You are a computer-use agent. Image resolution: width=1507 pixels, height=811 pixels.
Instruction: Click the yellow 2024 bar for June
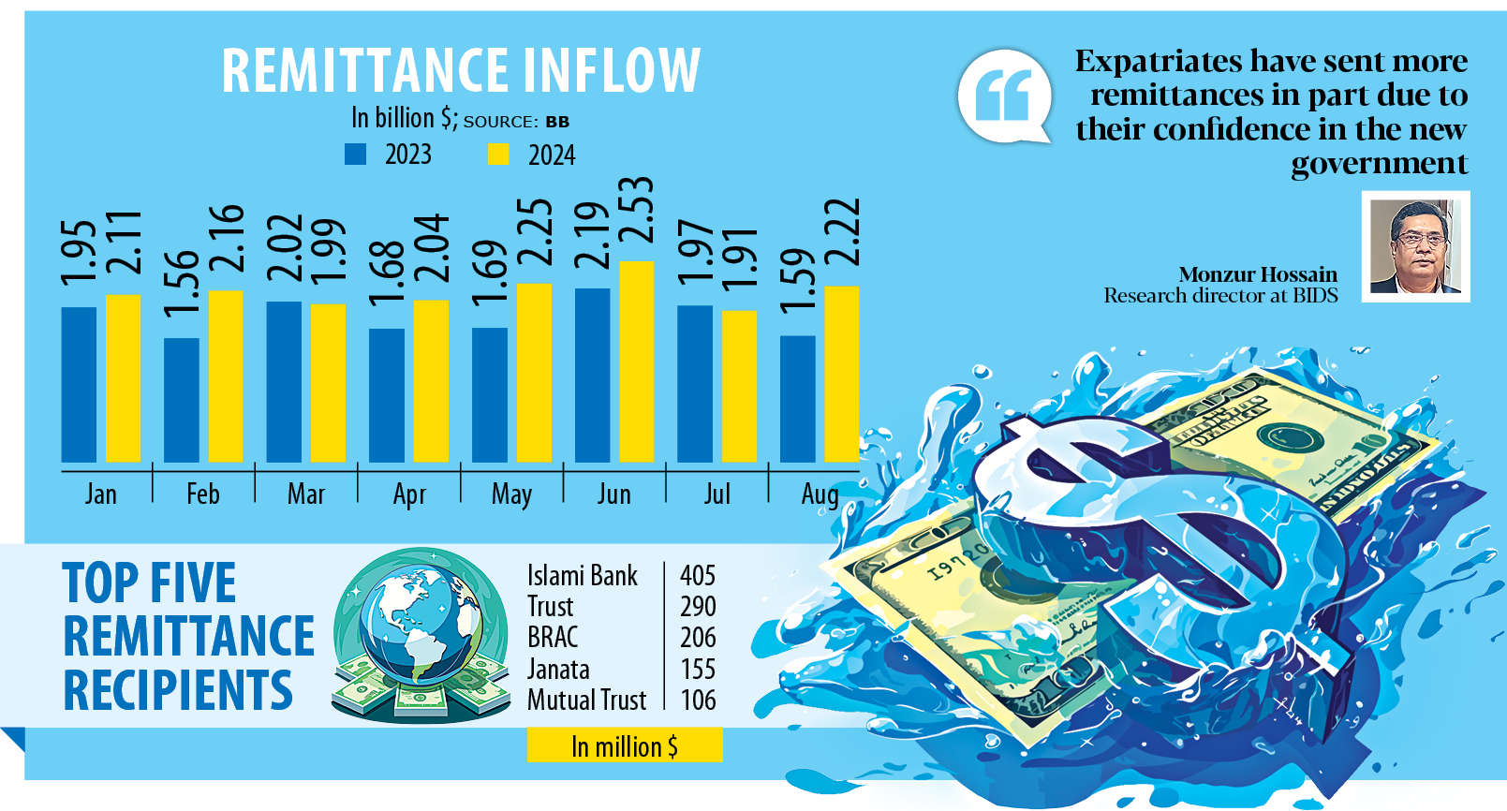pos(637,361)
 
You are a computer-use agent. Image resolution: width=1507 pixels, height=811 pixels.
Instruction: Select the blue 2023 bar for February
pos(182,400)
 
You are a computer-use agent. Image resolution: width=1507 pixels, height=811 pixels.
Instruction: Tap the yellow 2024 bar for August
pos(841,374)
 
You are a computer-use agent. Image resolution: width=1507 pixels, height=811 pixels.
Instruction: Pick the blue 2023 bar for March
pos(284,381)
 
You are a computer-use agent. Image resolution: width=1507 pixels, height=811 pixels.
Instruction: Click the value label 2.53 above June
pos(636,211)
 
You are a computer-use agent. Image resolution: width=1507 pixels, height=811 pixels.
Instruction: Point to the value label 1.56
pos(182,283)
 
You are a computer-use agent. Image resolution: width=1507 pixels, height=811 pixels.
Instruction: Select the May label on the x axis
pos(511,494)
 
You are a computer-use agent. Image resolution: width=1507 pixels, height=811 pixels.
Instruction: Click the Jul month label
pos(717,494)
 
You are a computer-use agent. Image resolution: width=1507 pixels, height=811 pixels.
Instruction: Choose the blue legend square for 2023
pos(355,155)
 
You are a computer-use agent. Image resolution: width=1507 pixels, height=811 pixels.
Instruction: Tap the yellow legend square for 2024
pos(498,155)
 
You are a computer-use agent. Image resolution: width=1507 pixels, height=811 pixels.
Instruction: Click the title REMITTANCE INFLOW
pos(461,71)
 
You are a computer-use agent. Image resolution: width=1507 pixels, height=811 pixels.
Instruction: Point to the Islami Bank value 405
pos(698,575)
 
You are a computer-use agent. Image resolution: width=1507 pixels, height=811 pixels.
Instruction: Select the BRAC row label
pos(553,638)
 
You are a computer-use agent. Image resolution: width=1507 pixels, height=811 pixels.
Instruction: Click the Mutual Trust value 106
pos(698,700)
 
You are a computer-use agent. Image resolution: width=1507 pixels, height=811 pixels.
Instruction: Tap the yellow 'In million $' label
pos(625,746)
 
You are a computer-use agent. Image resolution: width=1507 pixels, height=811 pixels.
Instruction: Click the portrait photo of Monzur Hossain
pos(1415,246)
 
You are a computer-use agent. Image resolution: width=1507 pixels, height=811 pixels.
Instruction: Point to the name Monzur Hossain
pos(1257,274)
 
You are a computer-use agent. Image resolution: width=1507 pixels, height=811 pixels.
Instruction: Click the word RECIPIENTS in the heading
pos(178,691)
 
